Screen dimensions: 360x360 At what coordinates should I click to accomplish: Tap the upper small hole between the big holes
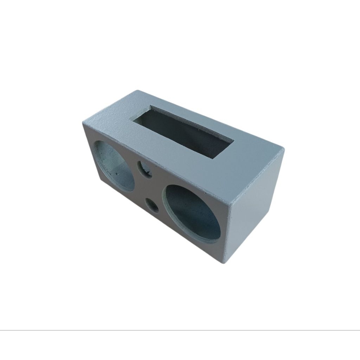pyautogui.click(x=144, y=169)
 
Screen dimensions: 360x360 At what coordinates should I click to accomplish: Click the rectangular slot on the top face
pyautogui.click(x=183, y=131)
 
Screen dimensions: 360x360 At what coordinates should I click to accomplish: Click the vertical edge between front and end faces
pyautogui.click(x=227, y=232)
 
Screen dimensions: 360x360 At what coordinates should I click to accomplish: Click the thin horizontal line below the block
pyautogui.click(x=180, y=330)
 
